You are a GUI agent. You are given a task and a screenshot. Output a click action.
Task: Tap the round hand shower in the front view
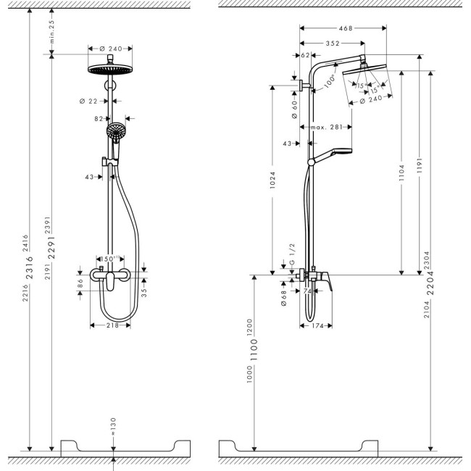[x=115, y=131]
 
